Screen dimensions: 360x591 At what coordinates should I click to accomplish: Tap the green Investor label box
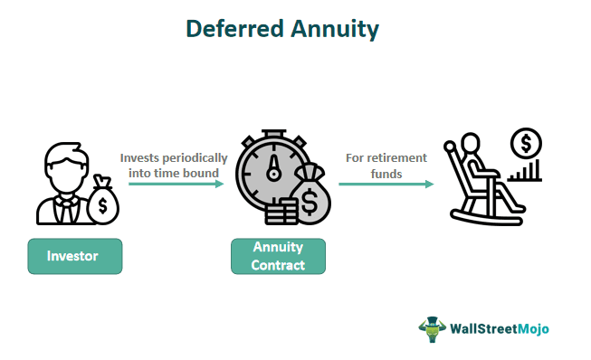pos(73,256)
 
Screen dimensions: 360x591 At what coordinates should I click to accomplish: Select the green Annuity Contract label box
pos(277,256)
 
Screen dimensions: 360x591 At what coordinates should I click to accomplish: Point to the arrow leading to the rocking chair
pos(386,184)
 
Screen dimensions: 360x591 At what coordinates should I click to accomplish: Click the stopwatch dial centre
pos(271,171)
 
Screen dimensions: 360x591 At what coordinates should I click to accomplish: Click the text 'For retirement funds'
pos(386,165)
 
